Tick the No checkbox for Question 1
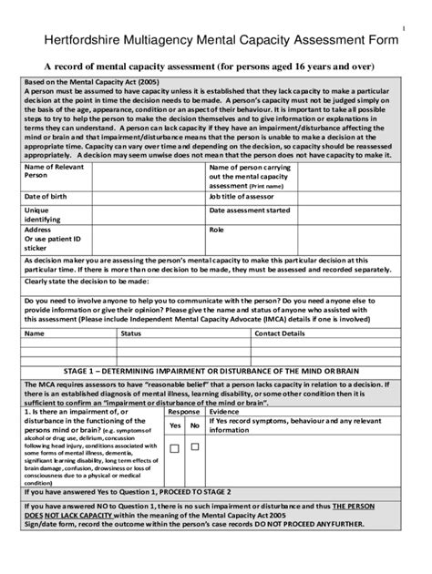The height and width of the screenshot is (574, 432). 194,447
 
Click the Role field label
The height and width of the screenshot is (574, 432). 217,231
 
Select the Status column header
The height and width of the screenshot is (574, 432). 131,334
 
